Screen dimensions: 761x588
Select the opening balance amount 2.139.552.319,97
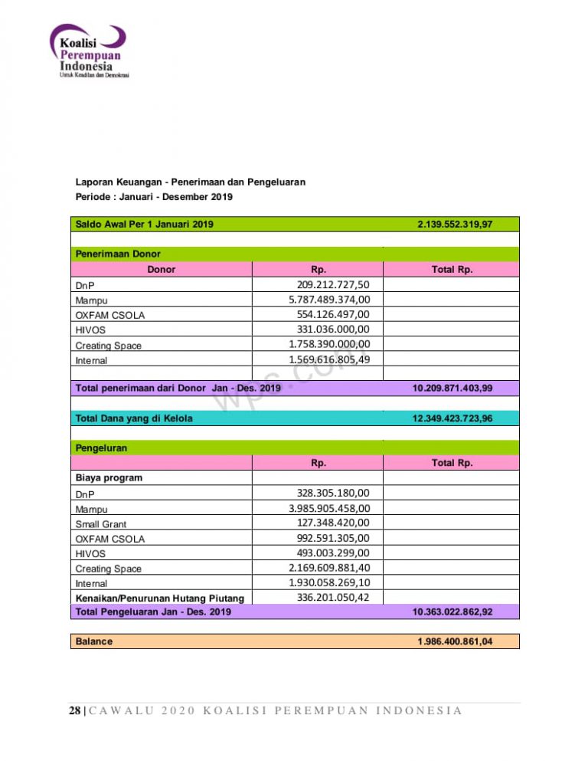(455, 225)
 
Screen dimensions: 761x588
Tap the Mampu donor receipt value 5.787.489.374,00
(324, 300)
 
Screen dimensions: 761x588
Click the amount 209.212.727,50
(328, 285)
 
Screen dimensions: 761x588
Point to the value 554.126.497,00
(333, 315)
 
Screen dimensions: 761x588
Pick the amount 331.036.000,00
(333, 330)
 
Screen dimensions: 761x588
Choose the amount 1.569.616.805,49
(329, 359)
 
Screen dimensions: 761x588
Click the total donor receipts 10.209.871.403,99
(452, 389)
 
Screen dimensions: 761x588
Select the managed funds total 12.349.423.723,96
(452, 418)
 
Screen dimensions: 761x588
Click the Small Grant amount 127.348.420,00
(333, 523)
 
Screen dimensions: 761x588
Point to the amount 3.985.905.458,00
(329, 508)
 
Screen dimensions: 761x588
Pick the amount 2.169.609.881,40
(329, 568)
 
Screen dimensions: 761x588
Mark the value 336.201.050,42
(333, 597)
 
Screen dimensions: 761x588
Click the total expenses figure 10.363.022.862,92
(452, 612)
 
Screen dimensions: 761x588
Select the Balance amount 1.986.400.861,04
(455, 641)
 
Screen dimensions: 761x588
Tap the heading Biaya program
(109, 477)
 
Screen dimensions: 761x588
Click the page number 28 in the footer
(74, 710)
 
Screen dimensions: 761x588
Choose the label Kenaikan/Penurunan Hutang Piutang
(159, 598)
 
